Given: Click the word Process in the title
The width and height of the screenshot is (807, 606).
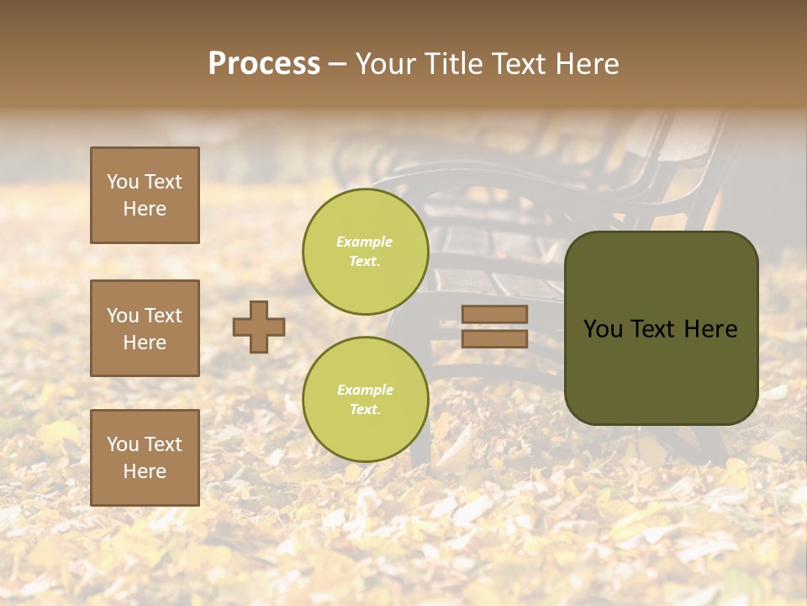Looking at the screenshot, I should (x=264, y=64).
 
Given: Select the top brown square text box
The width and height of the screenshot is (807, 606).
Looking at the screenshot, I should (x=145, y=195).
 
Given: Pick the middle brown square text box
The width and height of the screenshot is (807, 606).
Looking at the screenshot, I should (x=145, y=328).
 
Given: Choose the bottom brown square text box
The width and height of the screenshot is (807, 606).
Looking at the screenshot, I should (x=145, y=457).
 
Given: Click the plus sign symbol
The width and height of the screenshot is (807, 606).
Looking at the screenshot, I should (x=259, y=327).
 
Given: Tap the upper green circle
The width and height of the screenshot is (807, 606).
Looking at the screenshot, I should (x=366, y=252).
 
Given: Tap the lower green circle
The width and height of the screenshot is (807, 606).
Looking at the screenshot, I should (x=366, y=400).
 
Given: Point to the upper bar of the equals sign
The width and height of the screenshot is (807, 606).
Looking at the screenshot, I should (x=494, y=314).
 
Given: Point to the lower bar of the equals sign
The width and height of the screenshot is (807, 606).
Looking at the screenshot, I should (x=494, y=338).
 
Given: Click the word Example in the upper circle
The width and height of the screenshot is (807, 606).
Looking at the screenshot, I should (x=365, y=242).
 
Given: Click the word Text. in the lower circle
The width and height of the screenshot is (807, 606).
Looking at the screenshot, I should (x=366, y=410).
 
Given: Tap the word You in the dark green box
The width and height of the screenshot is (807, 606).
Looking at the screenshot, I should (x=603, y=329).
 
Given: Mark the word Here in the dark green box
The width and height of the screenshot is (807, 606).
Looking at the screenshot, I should (x=710, y=329).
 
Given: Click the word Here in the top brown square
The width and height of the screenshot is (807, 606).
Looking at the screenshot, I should (x=145, y=209).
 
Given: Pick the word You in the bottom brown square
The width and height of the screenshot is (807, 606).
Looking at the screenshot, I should (x=123, y=444).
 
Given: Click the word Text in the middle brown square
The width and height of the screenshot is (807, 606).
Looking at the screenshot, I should (x=163, y=316).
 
